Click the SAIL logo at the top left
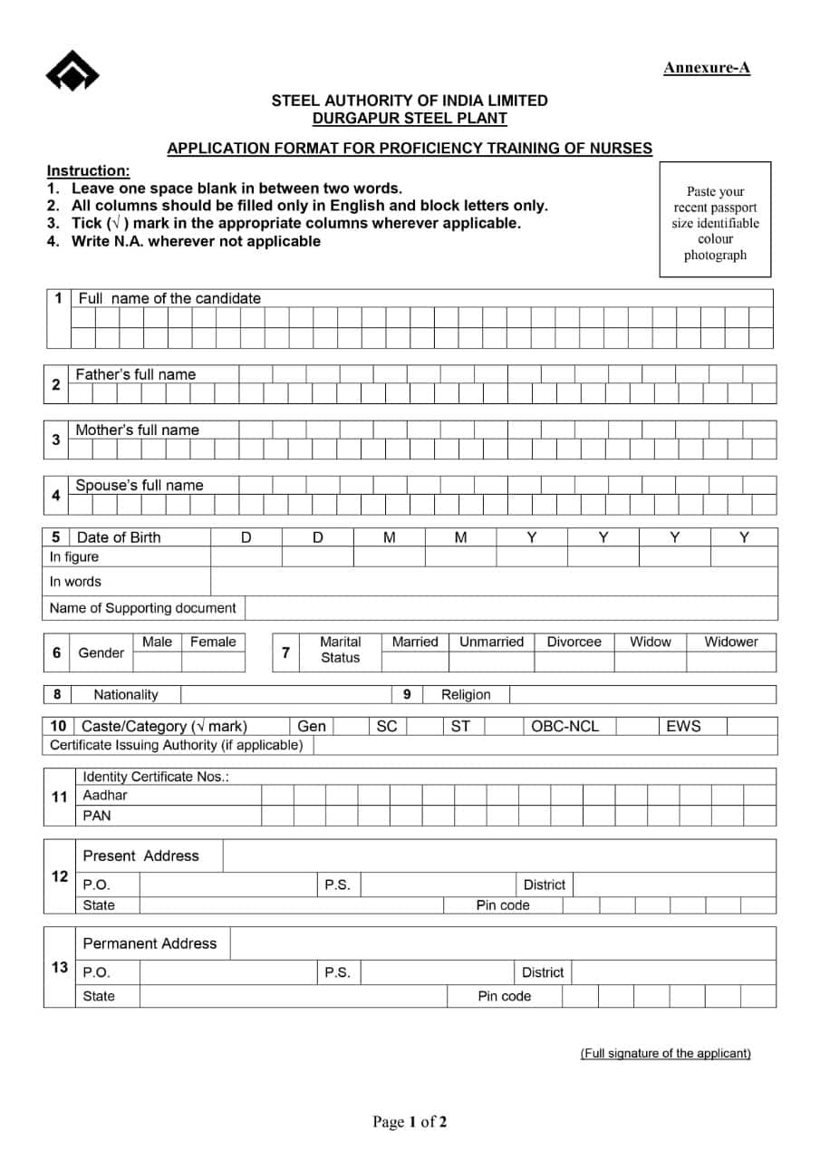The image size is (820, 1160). (72, 71)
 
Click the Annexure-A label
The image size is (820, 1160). (707, 68)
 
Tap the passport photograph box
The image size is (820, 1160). (715, 219)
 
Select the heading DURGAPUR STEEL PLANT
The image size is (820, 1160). (410, 118)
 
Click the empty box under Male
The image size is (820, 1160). (157, 662)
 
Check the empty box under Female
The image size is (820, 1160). (213, 662)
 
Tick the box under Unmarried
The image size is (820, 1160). (491, 662)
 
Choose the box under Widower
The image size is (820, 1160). (730, 662)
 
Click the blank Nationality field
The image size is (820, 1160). (285, 695)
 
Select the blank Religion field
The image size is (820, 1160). (642, 695)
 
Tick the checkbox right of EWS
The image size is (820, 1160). (751, 726)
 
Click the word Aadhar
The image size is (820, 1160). (105, 796)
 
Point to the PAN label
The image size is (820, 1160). (97, 816)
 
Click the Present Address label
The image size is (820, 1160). (140, 856)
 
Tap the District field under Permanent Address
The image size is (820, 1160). (673, 972)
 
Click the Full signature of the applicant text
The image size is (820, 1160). (665, 1053)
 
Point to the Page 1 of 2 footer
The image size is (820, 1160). (410, 1123)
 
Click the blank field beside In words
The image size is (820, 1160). (494, 582)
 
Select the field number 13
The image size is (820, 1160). (59, 968)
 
